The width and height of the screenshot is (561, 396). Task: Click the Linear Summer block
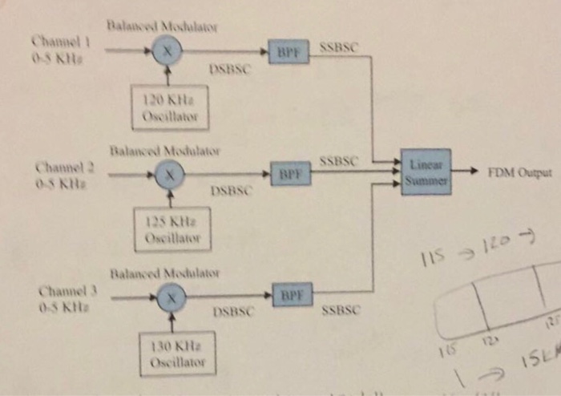(x=426, y=172)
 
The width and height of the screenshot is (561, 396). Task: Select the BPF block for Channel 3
(x=292, y=294)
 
